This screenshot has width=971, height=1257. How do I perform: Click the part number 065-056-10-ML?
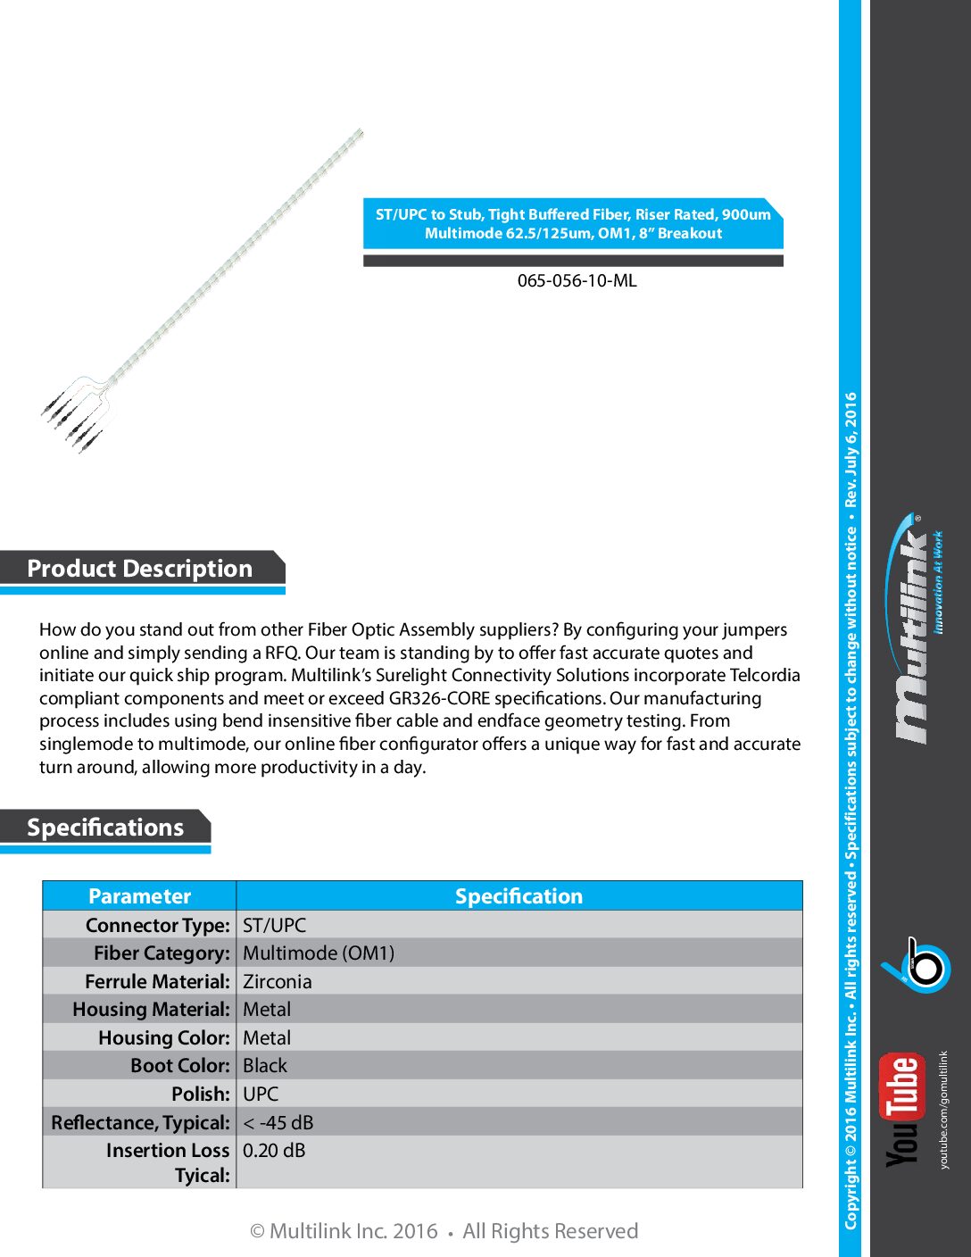[577, 280]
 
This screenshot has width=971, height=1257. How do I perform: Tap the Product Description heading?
[140, 569]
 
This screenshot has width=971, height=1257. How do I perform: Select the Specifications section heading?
[105, 828]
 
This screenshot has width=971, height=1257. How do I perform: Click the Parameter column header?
[139, 896]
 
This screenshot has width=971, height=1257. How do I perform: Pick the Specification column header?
[519, 896]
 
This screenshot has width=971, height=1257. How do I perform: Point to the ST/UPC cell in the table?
[274, 925]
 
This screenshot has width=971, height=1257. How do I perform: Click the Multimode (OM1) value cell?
[319, 953]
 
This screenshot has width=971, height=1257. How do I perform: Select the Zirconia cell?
[278, 982]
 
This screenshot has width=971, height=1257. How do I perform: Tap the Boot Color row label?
[180, 1066]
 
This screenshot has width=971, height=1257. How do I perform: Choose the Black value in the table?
[265, 1066]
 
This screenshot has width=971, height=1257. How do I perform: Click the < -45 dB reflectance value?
[278, 1122]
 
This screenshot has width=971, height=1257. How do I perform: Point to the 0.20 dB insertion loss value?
[274, 1151]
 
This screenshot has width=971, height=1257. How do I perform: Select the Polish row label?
[201, 1095]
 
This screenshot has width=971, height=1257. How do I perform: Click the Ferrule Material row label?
[158, 982]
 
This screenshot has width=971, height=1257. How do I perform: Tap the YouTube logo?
[901, 1110]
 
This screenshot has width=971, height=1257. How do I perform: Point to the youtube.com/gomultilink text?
[944, 1110]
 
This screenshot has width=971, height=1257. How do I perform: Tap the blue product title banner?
[573, 223]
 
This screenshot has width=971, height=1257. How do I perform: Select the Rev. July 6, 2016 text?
[851, 452]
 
